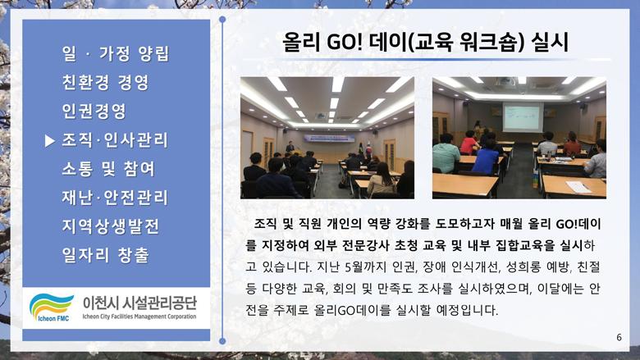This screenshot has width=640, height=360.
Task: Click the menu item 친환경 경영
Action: [105, 82]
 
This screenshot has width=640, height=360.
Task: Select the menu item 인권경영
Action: [94, 111]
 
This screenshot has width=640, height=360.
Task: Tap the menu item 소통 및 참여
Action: [108, 169]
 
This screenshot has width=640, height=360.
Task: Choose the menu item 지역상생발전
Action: [110, 226]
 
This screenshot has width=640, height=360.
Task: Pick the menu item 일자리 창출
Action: [105, 255]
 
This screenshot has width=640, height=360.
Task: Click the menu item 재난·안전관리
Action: [115, 198]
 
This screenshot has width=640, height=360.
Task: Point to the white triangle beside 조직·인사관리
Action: [50, 141]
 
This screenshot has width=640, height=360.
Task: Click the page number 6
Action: [619, 337]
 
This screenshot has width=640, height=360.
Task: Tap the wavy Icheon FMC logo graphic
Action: [51, 307]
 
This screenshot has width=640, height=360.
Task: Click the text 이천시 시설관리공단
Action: [139, 303]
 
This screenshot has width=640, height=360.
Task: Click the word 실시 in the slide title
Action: [550, 42]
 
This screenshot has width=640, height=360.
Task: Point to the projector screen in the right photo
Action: [523, 117]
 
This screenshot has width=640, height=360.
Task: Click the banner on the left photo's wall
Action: [329, 139]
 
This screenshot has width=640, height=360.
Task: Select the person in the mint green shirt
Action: [446, 154]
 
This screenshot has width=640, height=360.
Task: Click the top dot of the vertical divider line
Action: [222, 20]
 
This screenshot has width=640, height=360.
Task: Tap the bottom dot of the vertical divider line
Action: [222, 341]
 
